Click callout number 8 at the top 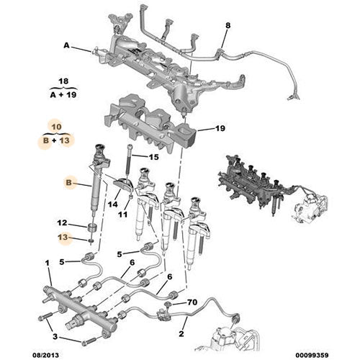click(228, 27)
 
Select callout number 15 click(153, 157)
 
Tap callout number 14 click(112, 204)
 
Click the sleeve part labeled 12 click(91, 226)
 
